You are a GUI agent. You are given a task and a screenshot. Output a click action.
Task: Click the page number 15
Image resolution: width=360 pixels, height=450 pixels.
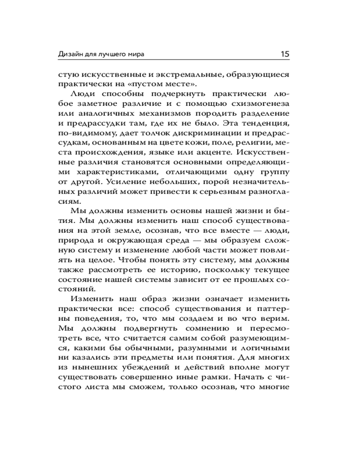click(x=284, y=54)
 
